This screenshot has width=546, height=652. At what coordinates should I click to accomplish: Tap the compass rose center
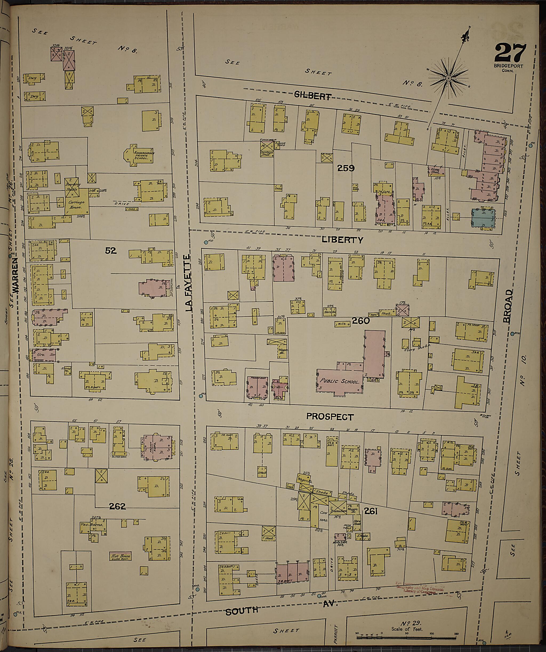tap(449, 78)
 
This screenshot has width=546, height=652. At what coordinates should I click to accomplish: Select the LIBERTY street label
tap(342, 240)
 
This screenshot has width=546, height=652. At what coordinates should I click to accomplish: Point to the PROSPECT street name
tap(330, 417)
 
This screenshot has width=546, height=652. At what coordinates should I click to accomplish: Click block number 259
tap(346, 168)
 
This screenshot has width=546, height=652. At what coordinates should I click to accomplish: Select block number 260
tap(360, 321)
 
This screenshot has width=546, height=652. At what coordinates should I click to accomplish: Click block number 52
tap(111, 251)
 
